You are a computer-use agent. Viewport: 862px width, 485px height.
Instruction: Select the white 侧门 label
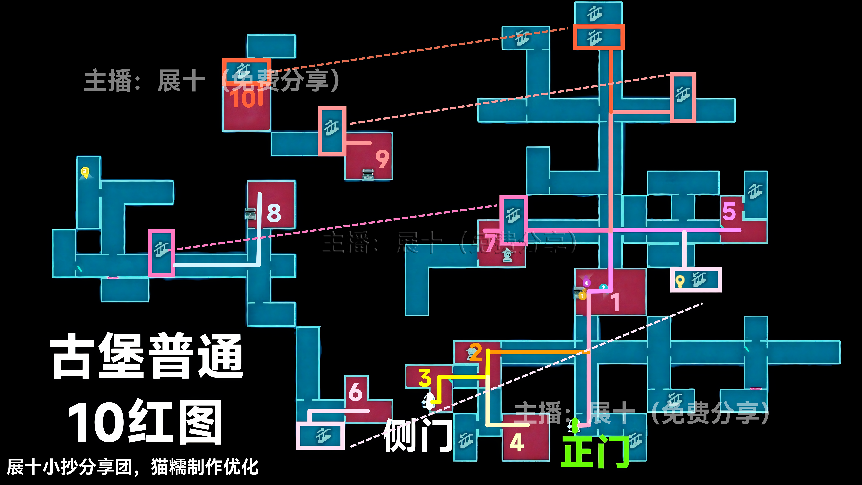coord(418,435)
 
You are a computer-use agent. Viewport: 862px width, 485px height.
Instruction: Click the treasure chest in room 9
coord(368,174)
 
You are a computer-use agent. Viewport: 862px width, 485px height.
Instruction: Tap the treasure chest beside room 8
coord(250,213)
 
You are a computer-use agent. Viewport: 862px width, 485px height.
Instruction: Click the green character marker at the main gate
coord(575,425)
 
